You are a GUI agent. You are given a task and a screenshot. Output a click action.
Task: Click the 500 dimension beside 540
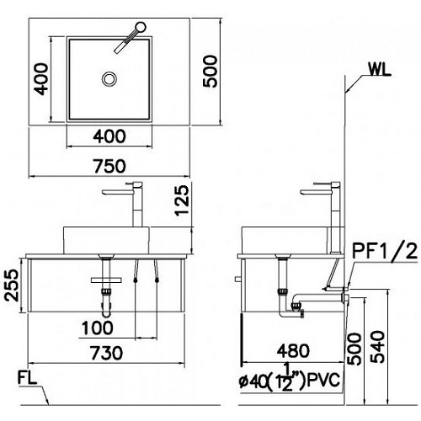[355, 344]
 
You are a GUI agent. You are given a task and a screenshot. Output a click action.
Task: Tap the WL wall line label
[380, 71]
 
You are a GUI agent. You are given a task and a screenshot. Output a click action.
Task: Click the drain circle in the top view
[109, 79]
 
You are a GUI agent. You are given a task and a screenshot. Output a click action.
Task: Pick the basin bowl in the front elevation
[107, 237]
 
